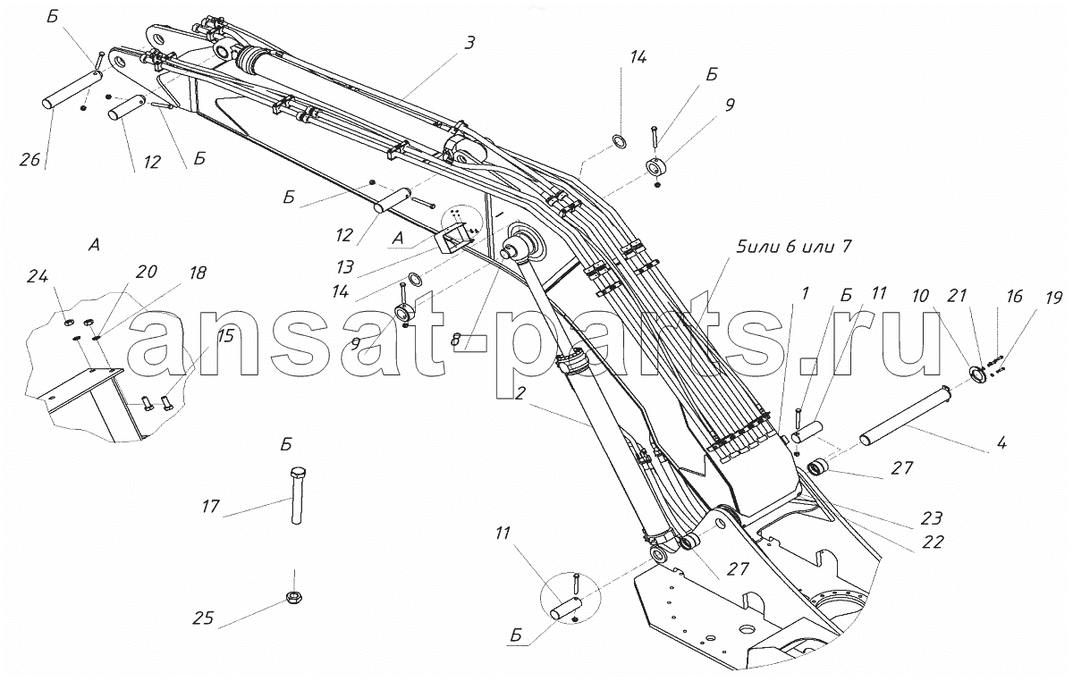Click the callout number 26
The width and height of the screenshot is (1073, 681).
[30, 159]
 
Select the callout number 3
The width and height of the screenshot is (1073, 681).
[470, 43]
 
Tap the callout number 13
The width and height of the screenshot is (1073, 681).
[345, 267]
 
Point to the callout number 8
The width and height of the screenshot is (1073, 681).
[455, 340]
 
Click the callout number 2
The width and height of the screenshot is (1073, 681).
[520, 393]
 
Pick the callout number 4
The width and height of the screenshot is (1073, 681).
[1001, 442]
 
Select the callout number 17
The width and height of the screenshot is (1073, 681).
[211, 506]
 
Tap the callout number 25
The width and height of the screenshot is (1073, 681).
[203, 618]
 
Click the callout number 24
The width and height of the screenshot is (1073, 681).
[38, 276]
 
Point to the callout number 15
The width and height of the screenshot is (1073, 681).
[225, 336]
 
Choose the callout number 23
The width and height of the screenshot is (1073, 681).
[932, 517]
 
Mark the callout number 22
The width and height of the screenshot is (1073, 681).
[933, 542]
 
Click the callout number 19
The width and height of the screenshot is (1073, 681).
[1053, 298]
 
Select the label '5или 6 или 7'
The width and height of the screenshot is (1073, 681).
[794, 247]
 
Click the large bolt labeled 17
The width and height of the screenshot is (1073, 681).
[298, 495]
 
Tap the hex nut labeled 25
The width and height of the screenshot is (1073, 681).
[293, 597]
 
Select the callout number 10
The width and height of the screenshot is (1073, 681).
[920, 296]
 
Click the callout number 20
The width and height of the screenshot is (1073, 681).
[147, 272]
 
